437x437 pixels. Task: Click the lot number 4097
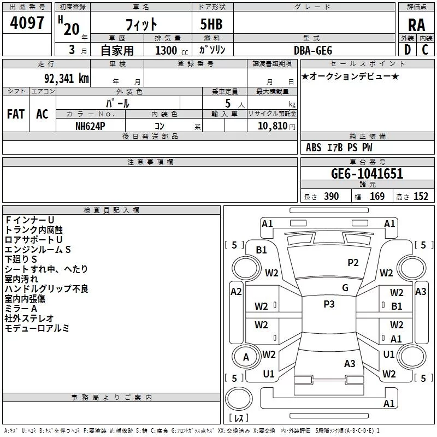[x=27, y=23]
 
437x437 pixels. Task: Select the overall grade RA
[x=416, y=25]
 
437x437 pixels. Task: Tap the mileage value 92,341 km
[x=66, y=79]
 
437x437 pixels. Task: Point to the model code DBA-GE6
[x=313, y=50]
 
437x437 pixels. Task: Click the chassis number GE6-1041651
[x=367, y=173]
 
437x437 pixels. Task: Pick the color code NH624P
[x=90, y=126]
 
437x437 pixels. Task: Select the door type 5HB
[x=211, y=24]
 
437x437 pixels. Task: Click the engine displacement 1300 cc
[x=172, y=50]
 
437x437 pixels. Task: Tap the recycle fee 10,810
[x=272, y=126]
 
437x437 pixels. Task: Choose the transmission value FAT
[x=16, y=114]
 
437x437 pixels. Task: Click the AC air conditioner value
[x=42, y=114]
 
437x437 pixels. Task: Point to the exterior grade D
[x=408, y=50]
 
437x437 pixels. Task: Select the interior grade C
[x=425, y=50]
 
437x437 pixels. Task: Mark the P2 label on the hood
[x=353, y=263]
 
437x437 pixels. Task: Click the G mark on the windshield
[x=345, y=288]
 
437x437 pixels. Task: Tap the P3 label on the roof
[x=329, y=304]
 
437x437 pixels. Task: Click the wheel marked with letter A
[x=246, y=357]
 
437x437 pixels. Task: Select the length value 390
[x=332, y=196]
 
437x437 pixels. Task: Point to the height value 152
[x=421, y=196]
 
